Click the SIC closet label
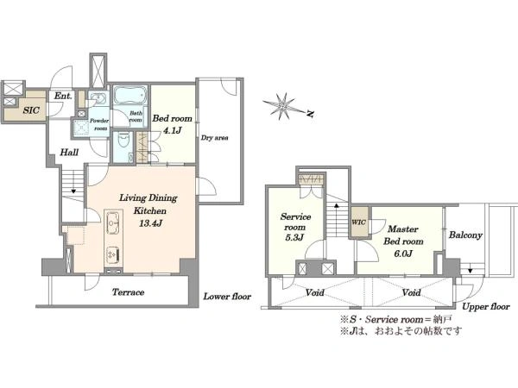pyautogui.click(x=31, y=110)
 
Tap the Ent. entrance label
pyautogui.click(x=63, y=96)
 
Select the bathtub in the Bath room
pyautogui.click(x=130, y=96)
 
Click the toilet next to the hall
pyautogui.click(x=123, y=140)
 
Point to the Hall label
pyautogui.click(x=69, y=153)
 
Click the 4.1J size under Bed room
pyautogui.click(x=172, y=130)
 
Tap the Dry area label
pyautogui.click(x=214, y=138)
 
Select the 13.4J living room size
pyautogui.click(x=150, y=223)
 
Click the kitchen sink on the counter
pyautogui.click(x=113, y=222)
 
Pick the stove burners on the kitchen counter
pyautogui.click(x=113, y=254)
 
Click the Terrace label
pyautogui.click(x=128, y=292)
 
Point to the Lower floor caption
pyautogui.click(x=227, y=297)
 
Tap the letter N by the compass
pyautogui.click(x=310, y=114)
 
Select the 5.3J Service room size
pyautogui.click(x=294, y=238)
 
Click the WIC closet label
pyautogui.click(x=359, y=222)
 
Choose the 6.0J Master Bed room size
pyautogui.click(x=403, y=253)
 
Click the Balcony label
pyautogui.click(x=465, y=235)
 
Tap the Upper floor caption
pyautogui.click(x=485, y=307)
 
